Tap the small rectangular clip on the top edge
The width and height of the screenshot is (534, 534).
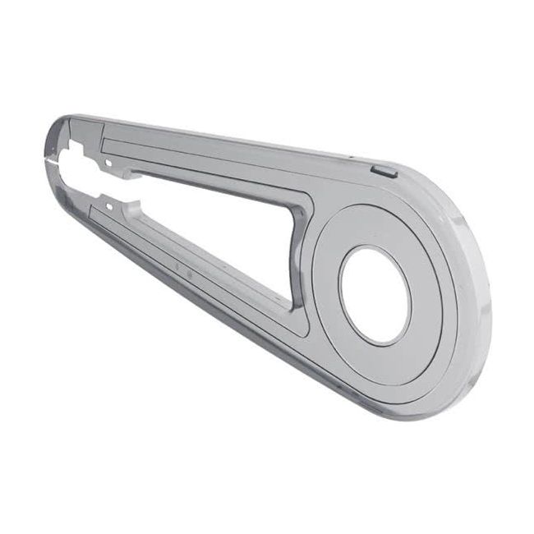(384, 171)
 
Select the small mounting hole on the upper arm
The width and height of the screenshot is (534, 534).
(108, 163)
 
